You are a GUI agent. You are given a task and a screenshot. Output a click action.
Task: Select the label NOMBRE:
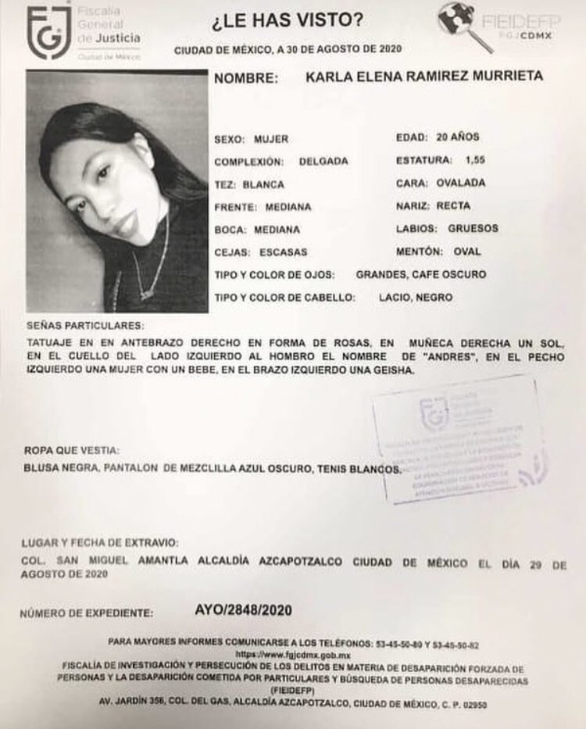pyautogui.click(x=246, y=78)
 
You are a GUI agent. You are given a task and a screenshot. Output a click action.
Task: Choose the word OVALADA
pyautogui.click(x=462, y=183)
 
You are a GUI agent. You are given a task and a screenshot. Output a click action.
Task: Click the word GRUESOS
pyautogui.click(x=473, y=228)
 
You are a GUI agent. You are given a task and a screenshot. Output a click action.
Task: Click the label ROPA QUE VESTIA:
pyautogui.click(x=72, y=449)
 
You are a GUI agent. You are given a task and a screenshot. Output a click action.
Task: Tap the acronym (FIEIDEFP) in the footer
pyautogui.click(x=291, y=691)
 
